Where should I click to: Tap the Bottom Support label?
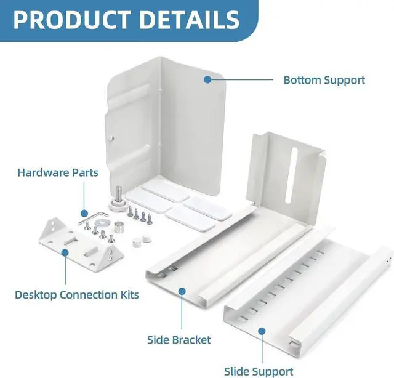click(324, 80)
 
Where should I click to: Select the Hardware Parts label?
click(58, 172)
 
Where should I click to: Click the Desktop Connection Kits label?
click(77, 294)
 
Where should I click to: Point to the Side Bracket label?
click(179, 340)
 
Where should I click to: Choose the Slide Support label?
click(258, 371)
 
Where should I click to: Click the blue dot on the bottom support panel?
click(207, 79)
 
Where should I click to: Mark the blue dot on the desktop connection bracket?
click(64, 252)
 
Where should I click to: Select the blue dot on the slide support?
click(261, 331)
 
